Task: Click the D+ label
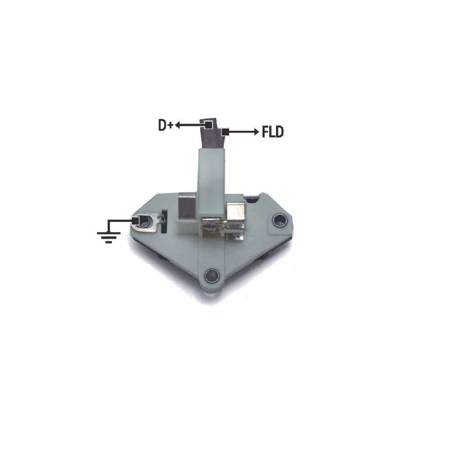pos(166,125)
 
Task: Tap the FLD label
pos(273,132)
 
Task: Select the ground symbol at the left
pos(108,237)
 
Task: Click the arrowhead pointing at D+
pos(177,125)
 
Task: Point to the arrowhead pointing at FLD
pos(256,132)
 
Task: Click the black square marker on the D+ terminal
pos(209,125)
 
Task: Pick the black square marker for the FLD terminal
pos(225,132)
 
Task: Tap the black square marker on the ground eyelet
pos(136,221)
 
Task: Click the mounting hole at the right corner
pos(280,221)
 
